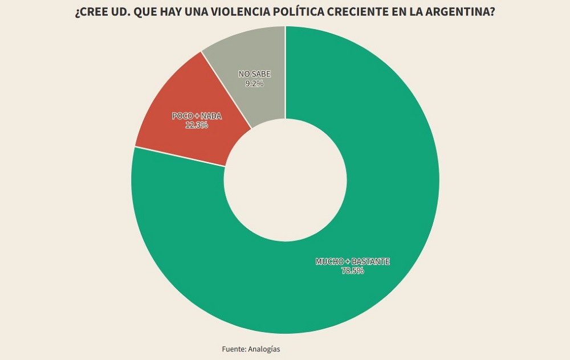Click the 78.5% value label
click(x=353, y=271)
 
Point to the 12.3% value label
click(x=197, y=125)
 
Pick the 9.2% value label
click(x=254, y=83)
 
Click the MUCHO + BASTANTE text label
click(x=353, y=261)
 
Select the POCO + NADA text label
click(x=197, y=116)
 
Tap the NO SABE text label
click(x=254, y=74)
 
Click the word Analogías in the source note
click(x=264, y=349)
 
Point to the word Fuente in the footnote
click(x=233, y=349)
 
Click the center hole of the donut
click(x=285, y=180)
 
